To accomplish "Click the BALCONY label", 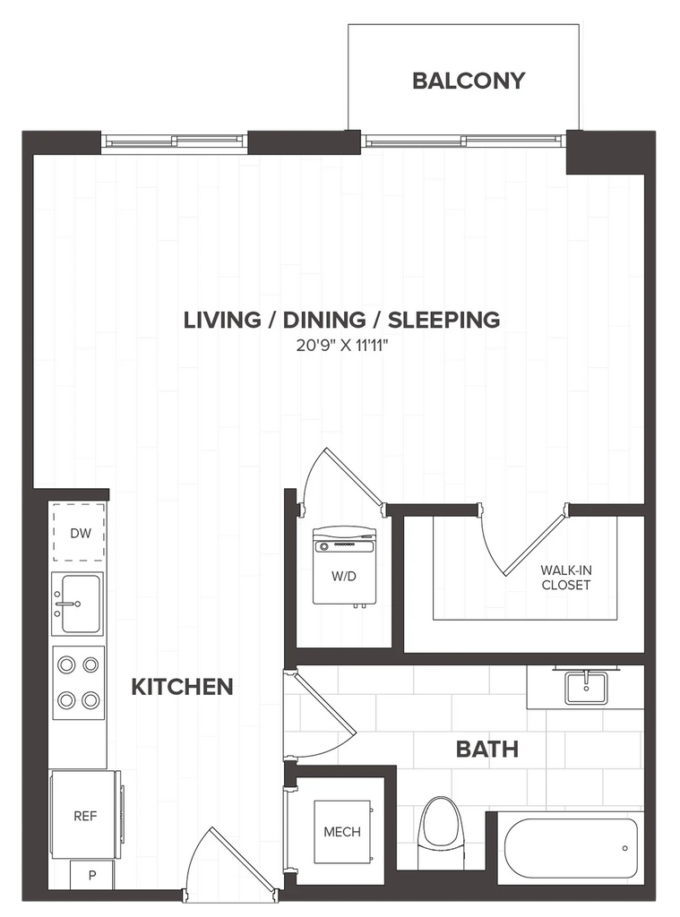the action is (469, 81).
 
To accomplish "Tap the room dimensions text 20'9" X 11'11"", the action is (342, 346).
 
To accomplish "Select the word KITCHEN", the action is (182, 687).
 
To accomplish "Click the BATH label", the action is (486, 750).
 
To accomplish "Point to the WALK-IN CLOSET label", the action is (566, 578).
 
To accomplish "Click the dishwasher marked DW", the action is (79, 532).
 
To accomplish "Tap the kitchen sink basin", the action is (80, 604).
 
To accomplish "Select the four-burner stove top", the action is (79, 682).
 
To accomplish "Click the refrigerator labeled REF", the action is (86, 815).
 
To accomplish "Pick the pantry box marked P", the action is (92, 875).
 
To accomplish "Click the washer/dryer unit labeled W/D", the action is (343, 566).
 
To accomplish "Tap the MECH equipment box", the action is (342, 832).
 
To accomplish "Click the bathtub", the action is (571, 848).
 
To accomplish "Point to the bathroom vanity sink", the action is (586, 688).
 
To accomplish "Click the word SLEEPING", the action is (444, 320).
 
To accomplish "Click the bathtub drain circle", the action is (625, 848).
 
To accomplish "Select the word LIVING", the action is (222, 320).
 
